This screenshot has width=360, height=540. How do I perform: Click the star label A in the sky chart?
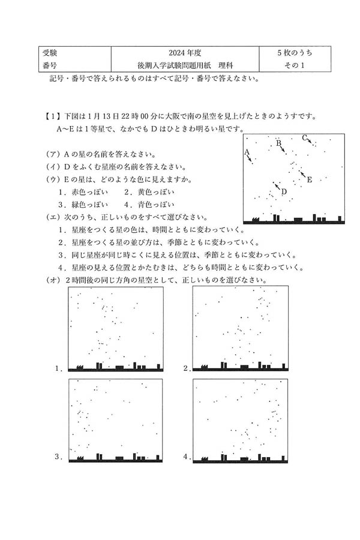(247, 152)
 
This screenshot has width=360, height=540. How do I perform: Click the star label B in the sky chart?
(278, 143)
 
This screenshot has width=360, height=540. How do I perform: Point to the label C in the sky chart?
(305, 137)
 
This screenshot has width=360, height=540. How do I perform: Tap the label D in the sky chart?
(284, 192)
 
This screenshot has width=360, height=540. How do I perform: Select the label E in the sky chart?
(310, 179)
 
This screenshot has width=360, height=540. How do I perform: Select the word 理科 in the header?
(226, 65)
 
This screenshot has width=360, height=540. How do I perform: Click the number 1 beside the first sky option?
(58, 368)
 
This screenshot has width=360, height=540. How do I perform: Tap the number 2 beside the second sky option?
(187, 368)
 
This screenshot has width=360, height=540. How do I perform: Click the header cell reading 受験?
(50, 53)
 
